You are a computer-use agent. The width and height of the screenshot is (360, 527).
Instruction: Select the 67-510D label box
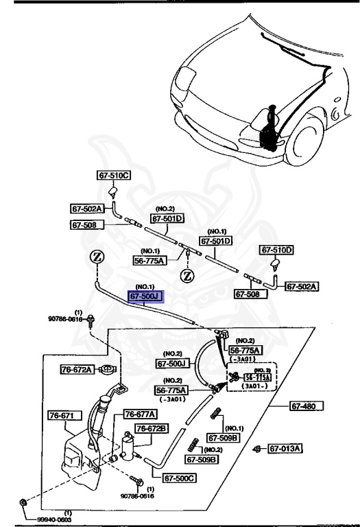pos(276,250)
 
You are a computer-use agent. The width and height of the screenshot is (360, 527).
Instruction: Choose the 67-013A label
pos(286,449)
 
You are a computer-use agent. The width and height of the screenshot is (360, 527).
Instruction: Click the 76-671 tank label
pos(65,415)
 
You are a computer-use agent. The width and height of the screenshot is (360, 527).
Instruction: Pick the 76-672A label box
pos(76,370)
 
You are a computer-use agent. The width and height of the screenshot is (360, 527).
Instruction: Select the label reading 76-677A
pos(141,414)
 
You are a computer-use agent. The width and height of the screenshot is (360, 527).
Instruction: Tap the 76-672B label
pos(152,428)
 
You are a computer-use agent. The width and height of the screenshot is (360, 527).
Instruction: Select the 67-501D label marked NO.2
pos(168,219)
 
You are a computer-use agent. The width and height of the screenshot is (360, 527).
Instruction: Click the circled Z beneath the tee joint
pos(186,277)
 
